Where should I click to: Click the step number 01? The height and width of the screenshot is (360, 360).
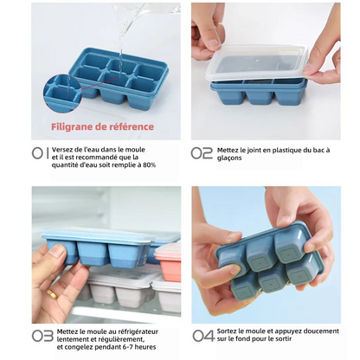pos(41,153)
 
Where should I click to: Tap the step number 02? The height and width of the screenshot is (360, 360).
pos(202,153)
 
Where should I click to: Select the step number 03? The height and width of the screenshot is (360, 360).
pos(42,336)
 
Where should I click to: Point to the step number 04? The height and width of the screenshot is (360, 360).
pos(203,336)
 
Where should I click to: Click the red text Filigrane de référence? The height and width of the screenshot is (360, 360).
pos(102,126)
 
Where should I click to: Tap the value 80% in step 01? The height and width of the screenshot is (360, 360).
pos(149,165)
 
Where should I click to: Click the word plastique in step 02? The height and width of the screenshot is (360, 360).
pos(286,151)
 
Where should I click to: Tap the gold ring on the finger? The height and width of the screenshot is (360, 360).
pos(52,294)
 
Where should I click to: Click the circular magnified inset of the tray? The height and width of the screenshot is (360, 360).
pos(62,93)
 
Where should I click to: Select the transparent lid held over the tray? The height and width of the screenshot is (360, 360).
pos(256,64)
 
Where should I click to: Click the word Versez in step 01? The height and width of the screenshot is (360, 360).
pos(61,150)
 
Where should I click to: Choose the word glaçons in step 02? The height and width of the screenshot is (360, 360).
pos(229,158)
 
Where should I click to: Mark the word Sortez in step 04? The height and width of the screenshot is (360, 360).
pos(227,331)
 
